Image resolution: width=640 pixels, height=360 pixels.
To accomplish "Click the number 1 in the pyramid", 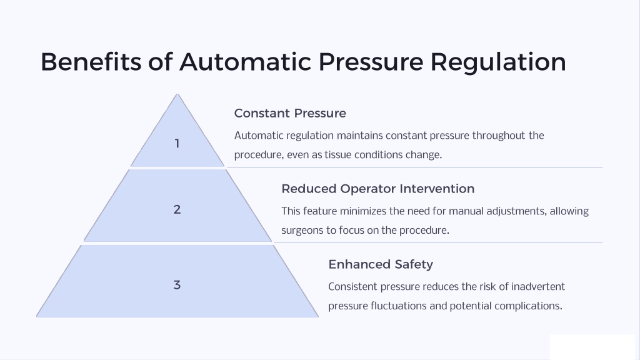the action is click(x=177, y=144).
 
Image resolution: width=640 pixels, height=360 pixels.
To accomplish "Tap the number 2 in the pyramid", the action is click(x=177, y=209).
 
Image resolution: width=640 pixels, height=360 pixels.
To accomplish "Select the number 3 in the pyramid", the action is click(x=177, y=285).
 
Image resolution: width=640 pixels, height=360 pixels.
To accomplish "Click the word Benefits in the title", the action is click(x=91, y=62).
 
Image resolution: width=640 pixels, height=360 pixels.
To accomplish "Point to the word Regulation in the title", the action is click(x=498, y=62).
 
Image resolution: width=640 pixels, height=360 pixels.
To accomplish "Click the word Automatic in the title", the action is click(x=245, y=62).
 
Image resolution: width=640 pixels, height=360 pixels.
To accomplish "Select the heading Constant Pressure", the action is click(x=290, y=113).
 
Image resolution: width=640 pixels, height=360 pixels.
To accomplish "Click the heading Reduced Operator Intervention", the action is click(x=378, y=189).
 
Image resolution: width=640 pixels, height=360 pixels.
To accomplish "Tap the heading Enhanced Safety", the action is click(x=381, y=264).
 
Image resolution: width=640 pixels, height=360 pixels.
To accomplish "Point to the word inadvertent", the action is click(x=538, y=286).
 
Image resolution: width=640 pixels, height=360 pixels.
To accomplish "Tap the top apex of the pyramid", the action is click(x=177, y=94).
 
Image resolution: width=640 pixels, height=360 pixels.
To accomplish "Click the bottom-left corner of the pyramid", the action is click(x=37, y=317).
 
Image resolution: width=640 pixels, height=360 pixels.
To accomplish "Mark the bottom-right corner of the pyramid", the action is click(x=318, y=317).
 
